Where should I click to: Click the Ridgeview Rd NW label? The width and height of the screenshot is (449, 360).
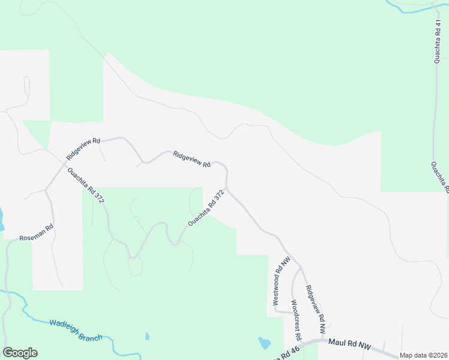coord(315,309)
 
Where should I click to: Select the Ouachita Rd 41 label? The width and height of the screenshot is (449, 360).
coord(438,41)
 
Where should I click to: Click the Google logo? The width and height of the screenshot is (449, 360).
coord(20,353)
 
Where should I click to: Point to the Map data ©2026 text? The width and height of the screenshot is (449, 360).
coord(423,355)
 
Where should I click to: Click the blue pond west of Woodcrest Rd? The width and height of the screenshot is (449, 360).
coord(264,343)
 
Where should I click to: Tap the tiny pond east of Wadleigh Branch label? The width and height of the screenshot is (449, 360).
coord(147,336)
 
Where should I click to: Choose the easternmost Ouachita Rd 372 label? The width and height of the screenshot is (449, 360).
coord(206,208)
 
